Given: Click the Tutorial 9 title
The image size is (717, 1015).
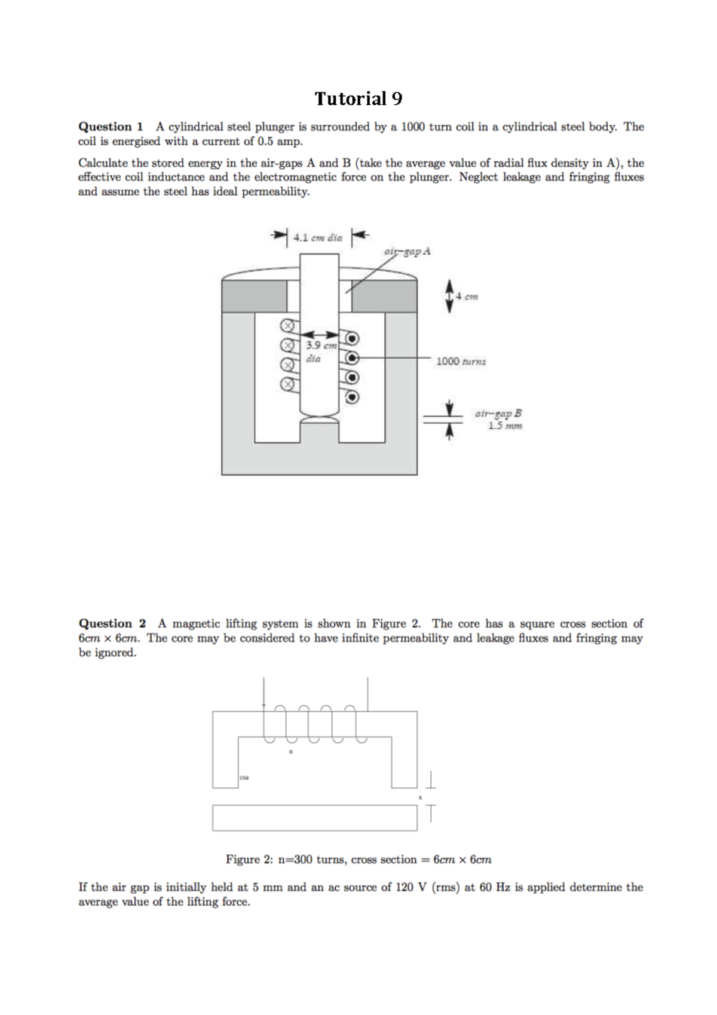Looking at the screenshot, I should (x=358, y=99).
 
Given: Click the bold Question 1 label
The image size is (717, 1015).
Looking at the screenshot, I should (x=111, y=127).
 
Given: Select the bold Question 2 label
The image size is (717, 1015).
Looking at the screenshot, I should (x=112, y=623).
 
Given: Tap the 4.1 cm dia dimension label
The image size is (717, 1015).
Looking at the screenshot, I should (x=318, y=237).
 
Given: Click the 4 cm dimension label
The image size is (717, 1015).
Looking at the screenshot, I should (x=467, y=296).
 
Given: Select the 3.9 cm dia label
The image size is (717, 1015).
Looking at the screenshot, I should (x=320, y=352).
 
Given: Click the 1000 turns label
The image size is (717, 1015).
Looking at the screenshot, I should (x=461, y=361).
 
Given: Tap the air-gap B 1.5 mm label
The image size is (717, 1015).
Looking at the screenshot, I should (x=498, y=419).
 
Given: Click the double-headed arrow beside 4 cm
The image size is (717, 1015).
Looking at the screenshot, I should (x=450, y=297).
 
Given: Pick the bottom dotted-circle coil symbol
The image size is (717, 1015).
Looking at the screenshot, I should (x=353, y=396).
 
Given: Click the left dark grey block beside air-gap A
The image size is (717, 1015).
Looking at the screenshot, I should (x=254, y=296).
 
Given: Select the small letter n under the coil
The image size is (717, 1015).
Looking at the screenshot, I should (x=291, y=752).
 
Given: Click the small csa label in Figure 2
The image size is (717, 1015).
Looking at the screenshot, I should (x=244, y=778).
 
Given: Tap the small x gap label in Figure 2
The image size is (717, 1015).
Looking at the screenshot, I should (x=420, y=797).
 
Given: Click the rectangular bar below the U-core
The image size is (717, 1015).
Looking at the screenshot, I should (x=314, y=818).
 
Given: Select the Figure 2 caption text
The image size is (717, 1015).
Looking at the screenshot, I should (x=358, y=860).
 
